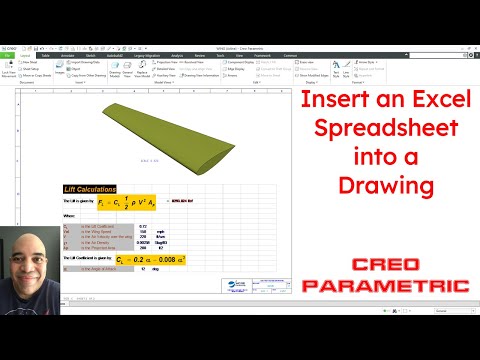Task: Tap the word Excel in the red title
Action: pyautogui.click(x=420, y=101)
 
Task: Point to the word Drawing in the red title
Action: pyautogui.click(x=385, y=185)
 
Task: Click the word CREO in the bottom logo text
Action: pyautogui.click(x=385, y=265)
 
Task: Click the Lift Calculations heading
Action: pyautogui.click(x=89, y=189)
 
